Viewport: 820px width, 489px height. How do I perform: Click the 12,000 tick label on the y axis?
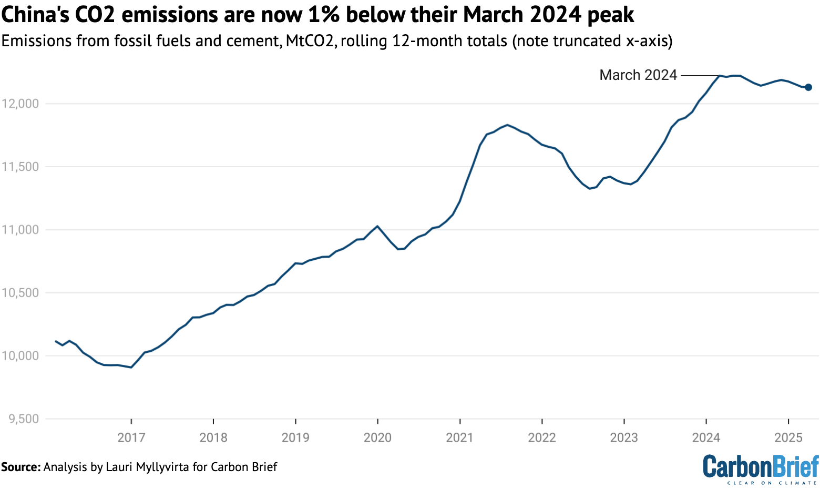tap(20, 104)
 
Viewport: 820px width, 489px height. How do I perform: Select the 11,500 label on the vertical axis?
tap(20, 167)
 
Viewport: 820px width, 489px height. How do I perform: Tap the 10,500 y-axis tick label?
tap(20, 293)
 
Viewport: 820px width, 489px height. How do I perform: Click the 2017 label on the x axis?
tap(131, 437)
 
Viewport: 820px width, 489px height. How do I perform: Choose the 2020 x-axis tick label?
tap(377, 437)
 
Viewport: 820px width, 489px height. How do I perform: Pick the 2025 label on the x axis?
tap(788, 437)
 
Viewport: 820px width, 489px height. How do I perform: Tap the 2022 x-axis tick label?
tap(542, 437)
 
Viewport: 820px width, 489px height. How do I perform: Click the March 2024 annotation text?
tap(638, 75)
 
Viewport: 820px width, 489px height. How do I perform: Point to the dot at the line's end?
tap(808, 87)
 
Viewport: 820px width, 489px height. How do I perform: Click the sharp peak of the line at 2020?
tap(377, 226)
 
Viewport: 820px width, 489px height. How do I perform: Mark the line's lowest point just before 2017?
tap(131, 367)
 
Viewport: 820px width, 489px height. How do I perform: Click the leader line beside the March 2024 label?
tap(699, 76)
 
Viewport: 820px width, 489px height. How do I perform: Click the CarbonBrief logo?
tap(761, 468)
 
